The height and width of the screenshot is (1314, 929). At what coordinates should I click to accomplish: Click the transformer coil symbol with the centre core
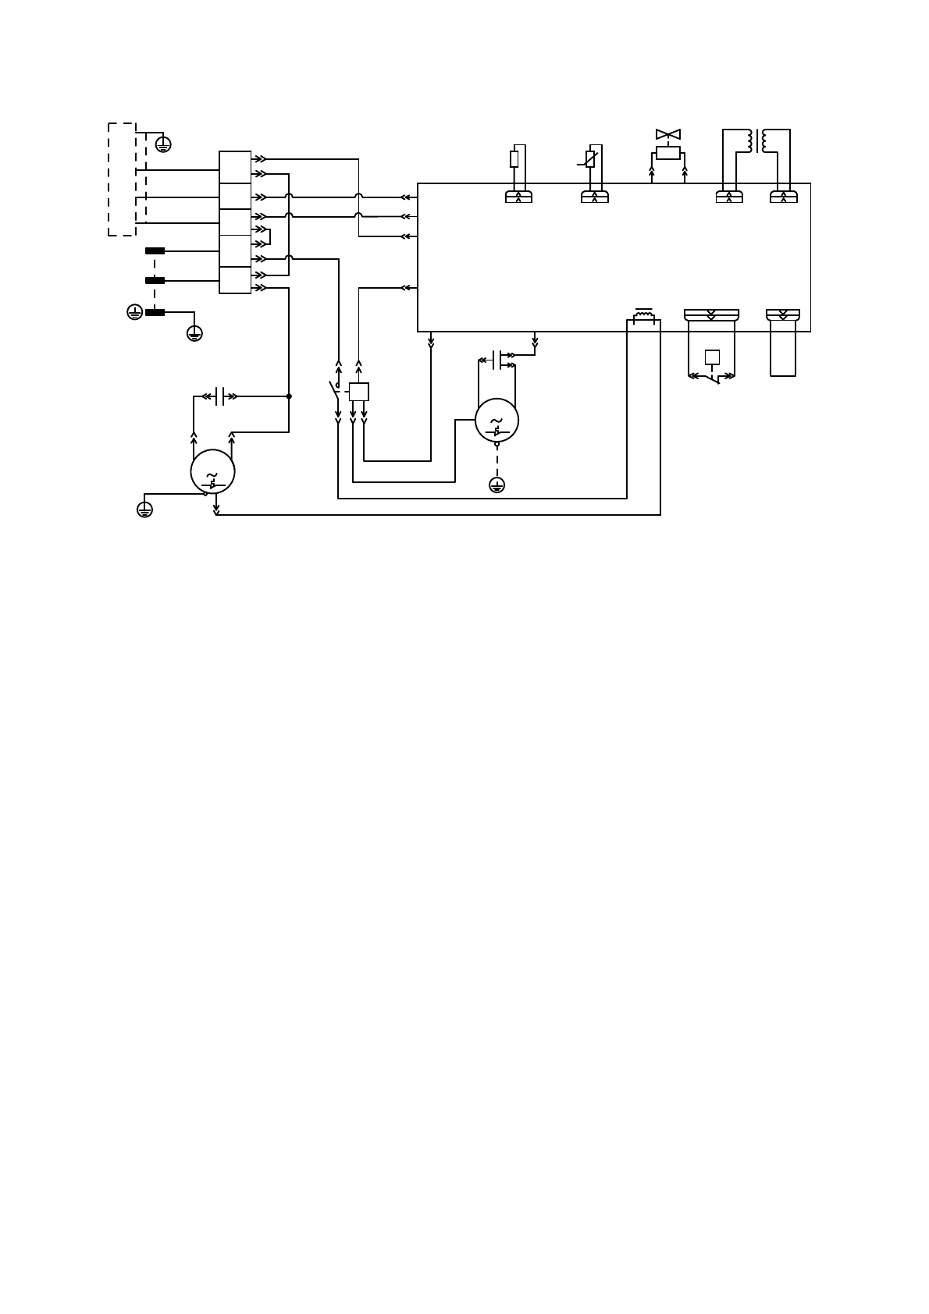tap(756, 141)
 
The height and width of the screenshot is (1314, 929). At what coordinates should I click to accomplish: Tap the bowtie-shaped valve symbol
tap(667, 134)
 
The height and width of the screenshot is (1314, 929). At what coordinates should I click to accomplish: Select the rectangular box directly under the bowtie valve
tap(667, 153)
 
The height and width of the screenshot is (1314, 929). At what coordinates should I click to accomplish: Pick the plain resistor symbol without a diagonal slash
tap(514, 159)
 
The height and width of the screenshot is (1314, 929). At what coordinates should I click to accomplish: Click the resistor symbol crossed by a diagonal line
tap(590, 159)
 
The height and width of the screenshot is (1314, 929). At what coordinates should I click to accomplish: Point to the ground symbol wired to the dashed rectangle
tap(163, 144)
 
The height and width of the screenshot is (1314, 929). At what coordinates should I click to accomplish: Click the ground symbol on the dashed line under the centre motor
tap(497, 485)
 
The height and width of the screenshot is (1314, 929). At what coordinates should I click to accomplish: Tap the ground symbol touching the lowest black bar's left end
tap(135, 312)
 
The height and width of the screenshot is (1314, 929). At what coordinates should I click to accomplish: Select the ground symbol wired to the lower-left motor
tap(144, 510)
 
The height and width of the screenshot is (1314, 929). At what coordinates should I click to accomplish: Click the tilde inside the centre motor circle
tap(497, 421)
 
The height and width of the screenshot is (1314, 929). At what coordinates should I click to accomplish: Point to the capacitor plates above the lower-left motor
tap(220, 396)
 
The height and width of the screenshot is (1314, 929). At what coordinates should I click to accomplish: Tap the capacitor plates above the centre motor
tap(497, 359)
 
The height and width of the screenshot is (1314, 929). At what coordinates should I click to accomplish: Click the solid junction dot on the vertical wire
tap(289, 396)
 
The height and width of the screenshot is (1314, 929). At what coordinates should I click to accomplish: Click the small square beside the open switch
tap(358, 392)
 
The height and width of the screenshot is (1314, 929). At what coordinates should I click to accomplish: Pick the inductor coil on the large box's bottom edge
tap(644, 316)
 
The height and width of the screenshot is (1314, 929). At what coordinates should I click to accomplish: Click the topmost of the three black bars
tap(155, 251)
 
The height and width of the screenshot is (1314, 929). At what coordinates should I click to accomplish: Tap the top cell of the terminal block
tap(235, 167)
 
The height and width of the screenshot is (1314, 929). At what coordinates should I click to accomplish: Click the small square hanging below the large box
tap(712, 357)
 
